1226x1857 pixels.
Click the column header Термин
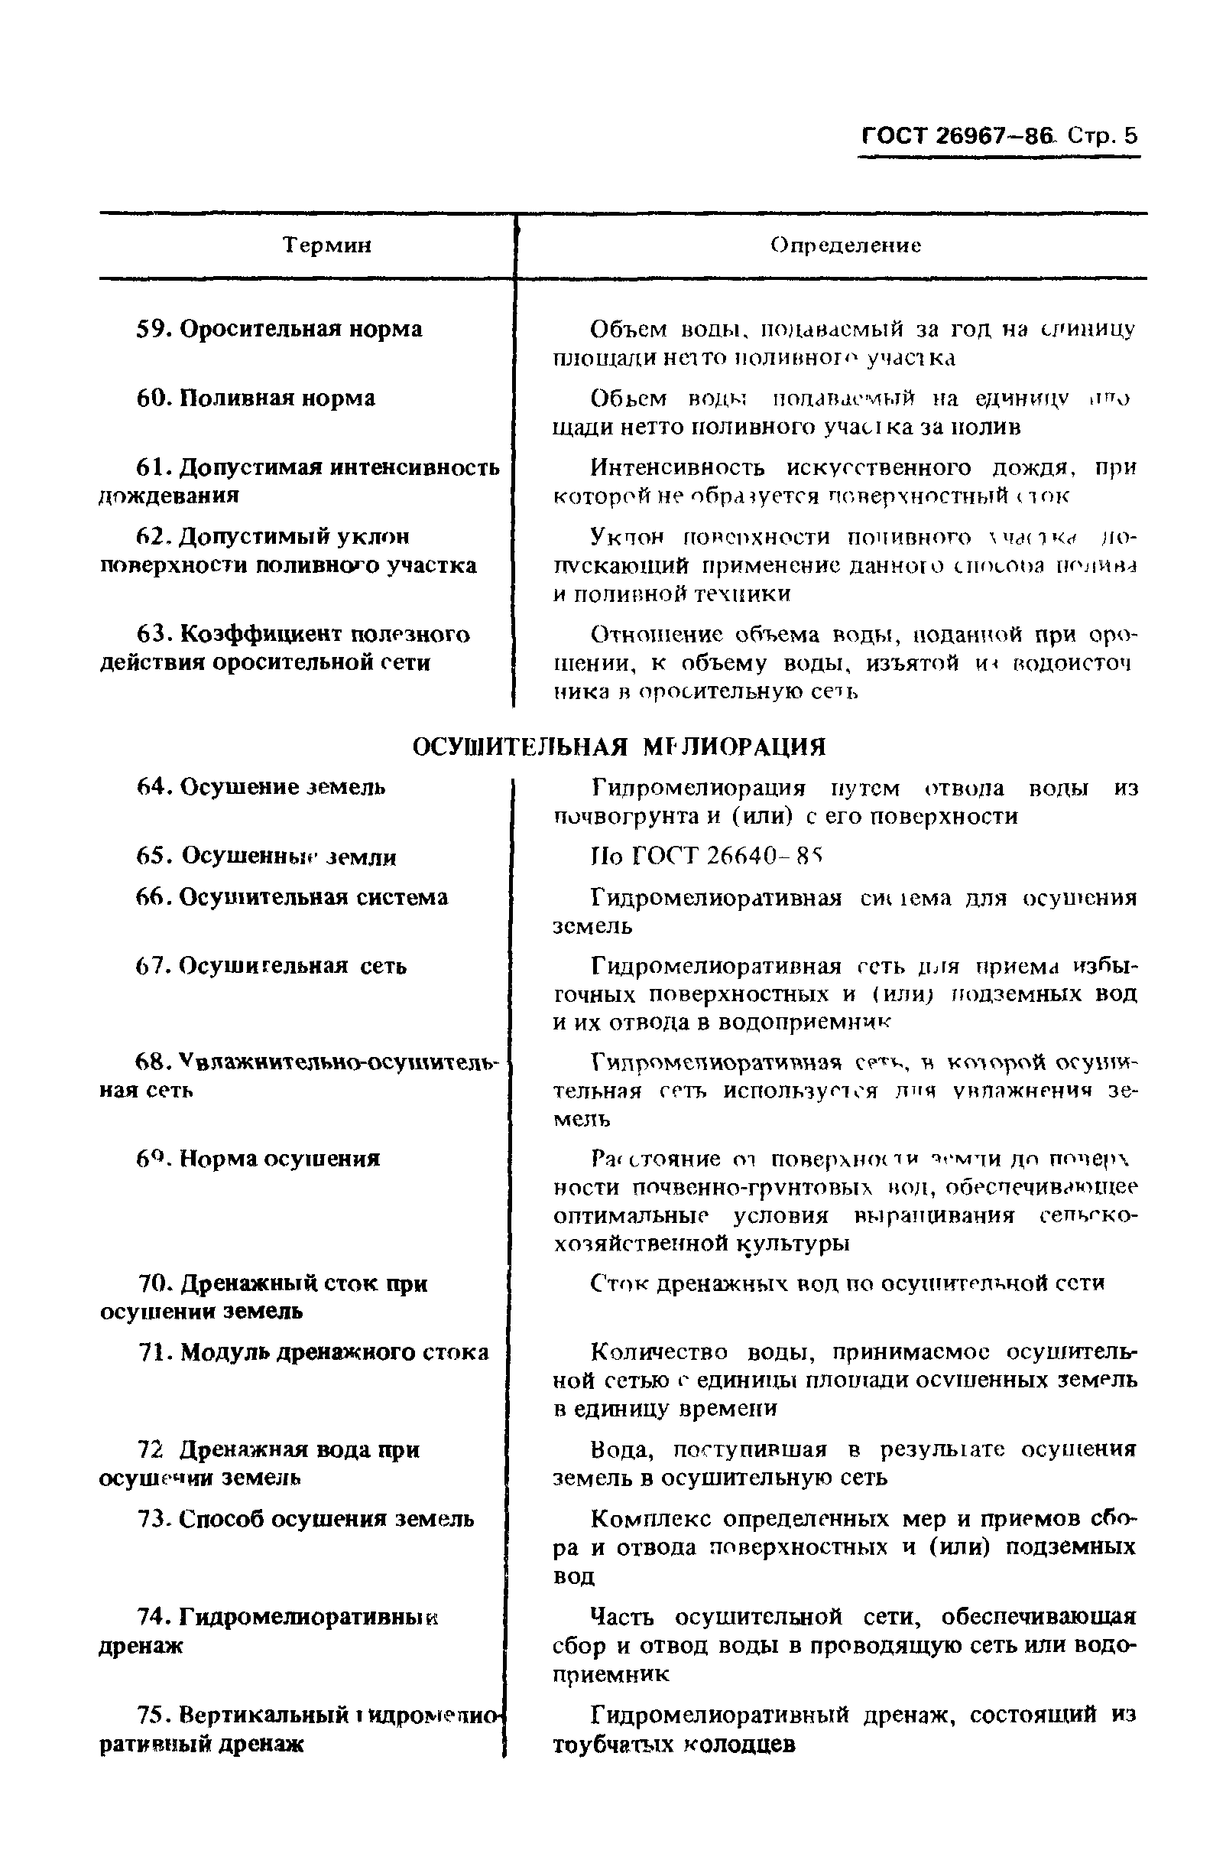pos(327,246)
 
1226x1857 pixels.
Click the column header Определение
pos(845,246)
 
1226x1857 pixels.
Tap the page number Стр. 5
pos(1103,136)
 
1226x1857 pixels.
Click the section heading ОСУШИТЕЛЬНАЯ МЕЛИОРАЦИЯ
pos(618,747)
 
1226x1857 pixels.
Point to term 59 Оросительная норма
pos(279,330)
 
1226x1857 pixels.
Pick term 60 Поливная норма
pos(256,398)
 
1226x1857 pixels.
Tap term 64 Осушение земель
pos(261,787)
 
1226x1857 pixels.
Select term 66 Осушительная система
pos(292,897)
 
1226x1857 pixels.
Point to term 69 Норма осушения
pos(258,1158)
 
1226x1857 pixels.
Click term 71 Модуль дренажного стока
pos(313,1351)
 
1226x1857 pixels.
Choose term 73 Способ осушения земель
pos(305,1518)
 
